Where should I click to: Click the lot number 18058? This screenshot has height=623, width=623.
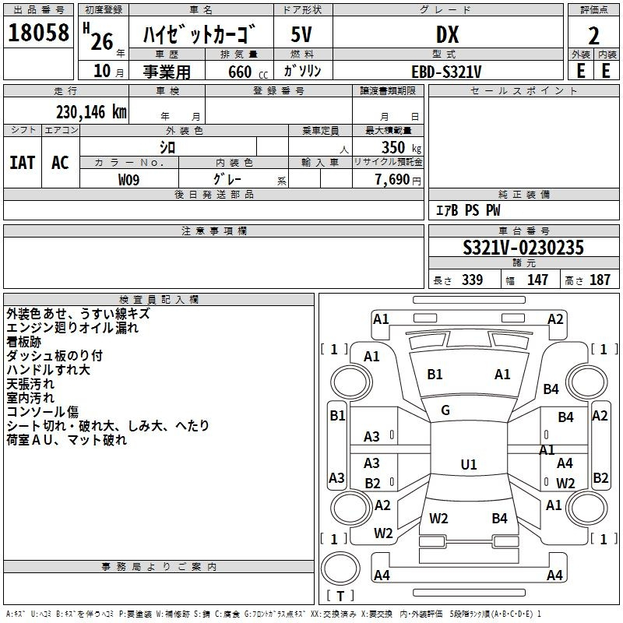pos(38,33)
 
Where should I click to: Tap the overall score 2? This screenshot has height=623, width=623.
pos(593,34)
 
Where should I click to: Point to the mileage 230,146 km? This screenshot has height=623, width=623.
pos(91,112)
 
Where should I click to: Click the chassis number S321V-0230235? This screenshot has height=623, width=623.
pos(523,248)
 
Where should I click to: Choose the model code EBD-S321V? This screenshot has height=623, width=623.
pos(447,71)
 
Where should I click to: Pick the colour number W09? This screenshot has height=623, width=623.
pos(129,179)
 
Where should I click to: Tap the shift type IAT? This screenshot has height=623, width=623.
pos(23,162)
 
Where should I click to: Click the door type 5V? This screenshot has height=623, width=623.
pos(303,34)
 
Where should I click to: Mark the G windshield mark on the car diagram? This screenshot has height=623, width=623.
pos(445,410)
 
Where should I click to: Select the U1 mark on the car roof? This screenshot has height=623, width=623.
pos(468,464)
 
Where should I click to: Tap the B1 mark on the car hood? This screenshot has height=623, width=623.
pos(435,375)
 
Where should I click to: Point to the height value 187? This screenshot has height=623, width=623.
pos(600,280)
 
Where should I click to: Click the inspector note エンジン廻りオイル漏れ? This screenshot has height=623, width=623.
pos(72,328)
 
